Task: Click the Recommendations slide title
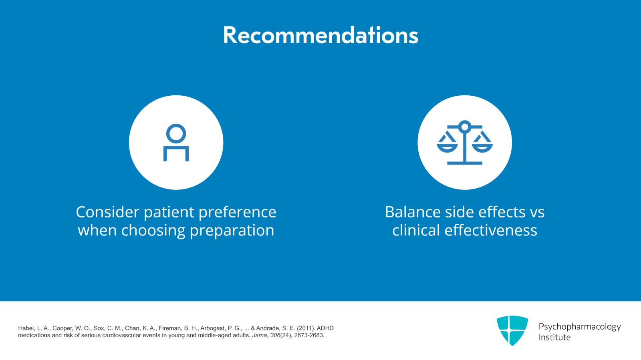(x=320, y=35)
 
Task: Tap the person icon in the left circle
(x=176, y=143)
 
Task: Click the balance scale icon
(x=465, y=143)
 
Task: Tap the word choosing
(x=153, y=231)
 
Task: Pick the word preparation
(x=232, y=231)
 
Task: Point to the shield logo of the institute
(x=512, y=330)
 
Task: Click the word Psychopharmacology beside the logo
(x=579, y=327)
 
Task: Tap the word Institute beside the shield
(x=554, y=338)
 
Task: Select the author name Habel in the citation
(x=26, y=328)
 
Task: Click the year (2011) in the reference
(x=306, y=328)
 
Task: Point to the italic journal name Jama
(x=259, y=336)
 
